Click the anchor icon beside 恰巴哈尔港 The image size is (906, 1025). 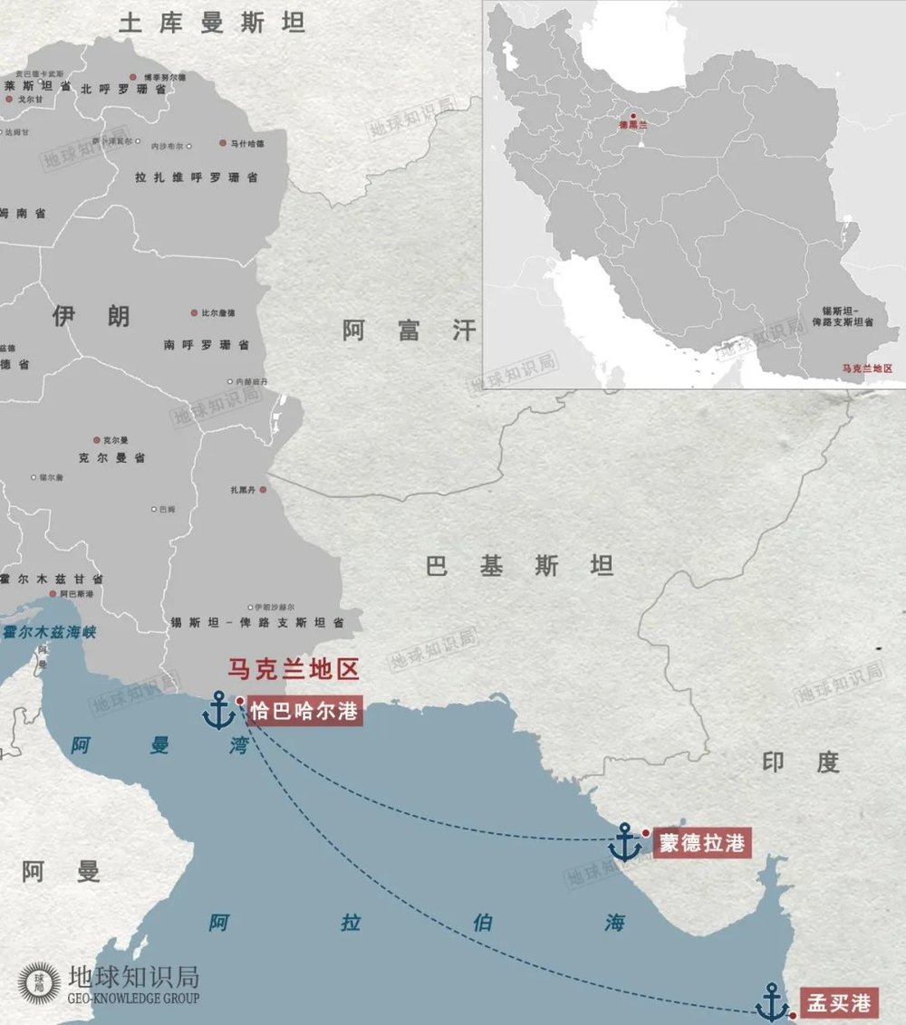(x=218, y=710)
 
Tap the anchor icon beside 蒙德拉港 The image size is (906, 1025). (x=624, y=842)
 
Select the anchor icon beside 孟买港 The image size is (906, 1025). (x=772, y=1002)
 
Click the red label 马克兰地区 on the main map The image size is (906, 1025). (x=294, y=670)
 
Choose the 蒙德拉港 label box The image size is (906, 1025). (x=702, y=843)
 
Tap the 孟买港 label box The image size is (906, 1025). (x=839, y=1002)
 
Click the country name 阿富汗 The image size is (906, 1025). (x=409, y=330)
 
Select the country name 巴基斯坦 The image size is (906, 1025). (x=520, y=567)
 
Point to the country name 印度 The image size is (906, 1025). (x=801, y=762)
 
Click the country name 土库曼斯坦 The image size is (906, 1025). (x=212, y=23)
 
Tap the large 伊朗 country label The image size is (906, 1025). (x=91, y=316)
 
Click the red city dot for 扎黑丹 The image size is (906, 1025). (x=263, y=490)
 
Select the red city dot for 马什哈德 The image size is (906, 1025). (x=222, y=143)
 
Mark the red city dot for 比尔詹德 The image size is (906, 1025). (x=194, y=312)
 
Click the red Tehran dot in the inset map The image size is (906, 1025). (x=633, y=116)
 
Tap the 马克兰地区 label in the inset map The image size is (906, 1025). (x=867, y=369)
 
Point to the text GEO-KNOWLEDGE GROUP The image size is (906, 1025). (x=134, y=998)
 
